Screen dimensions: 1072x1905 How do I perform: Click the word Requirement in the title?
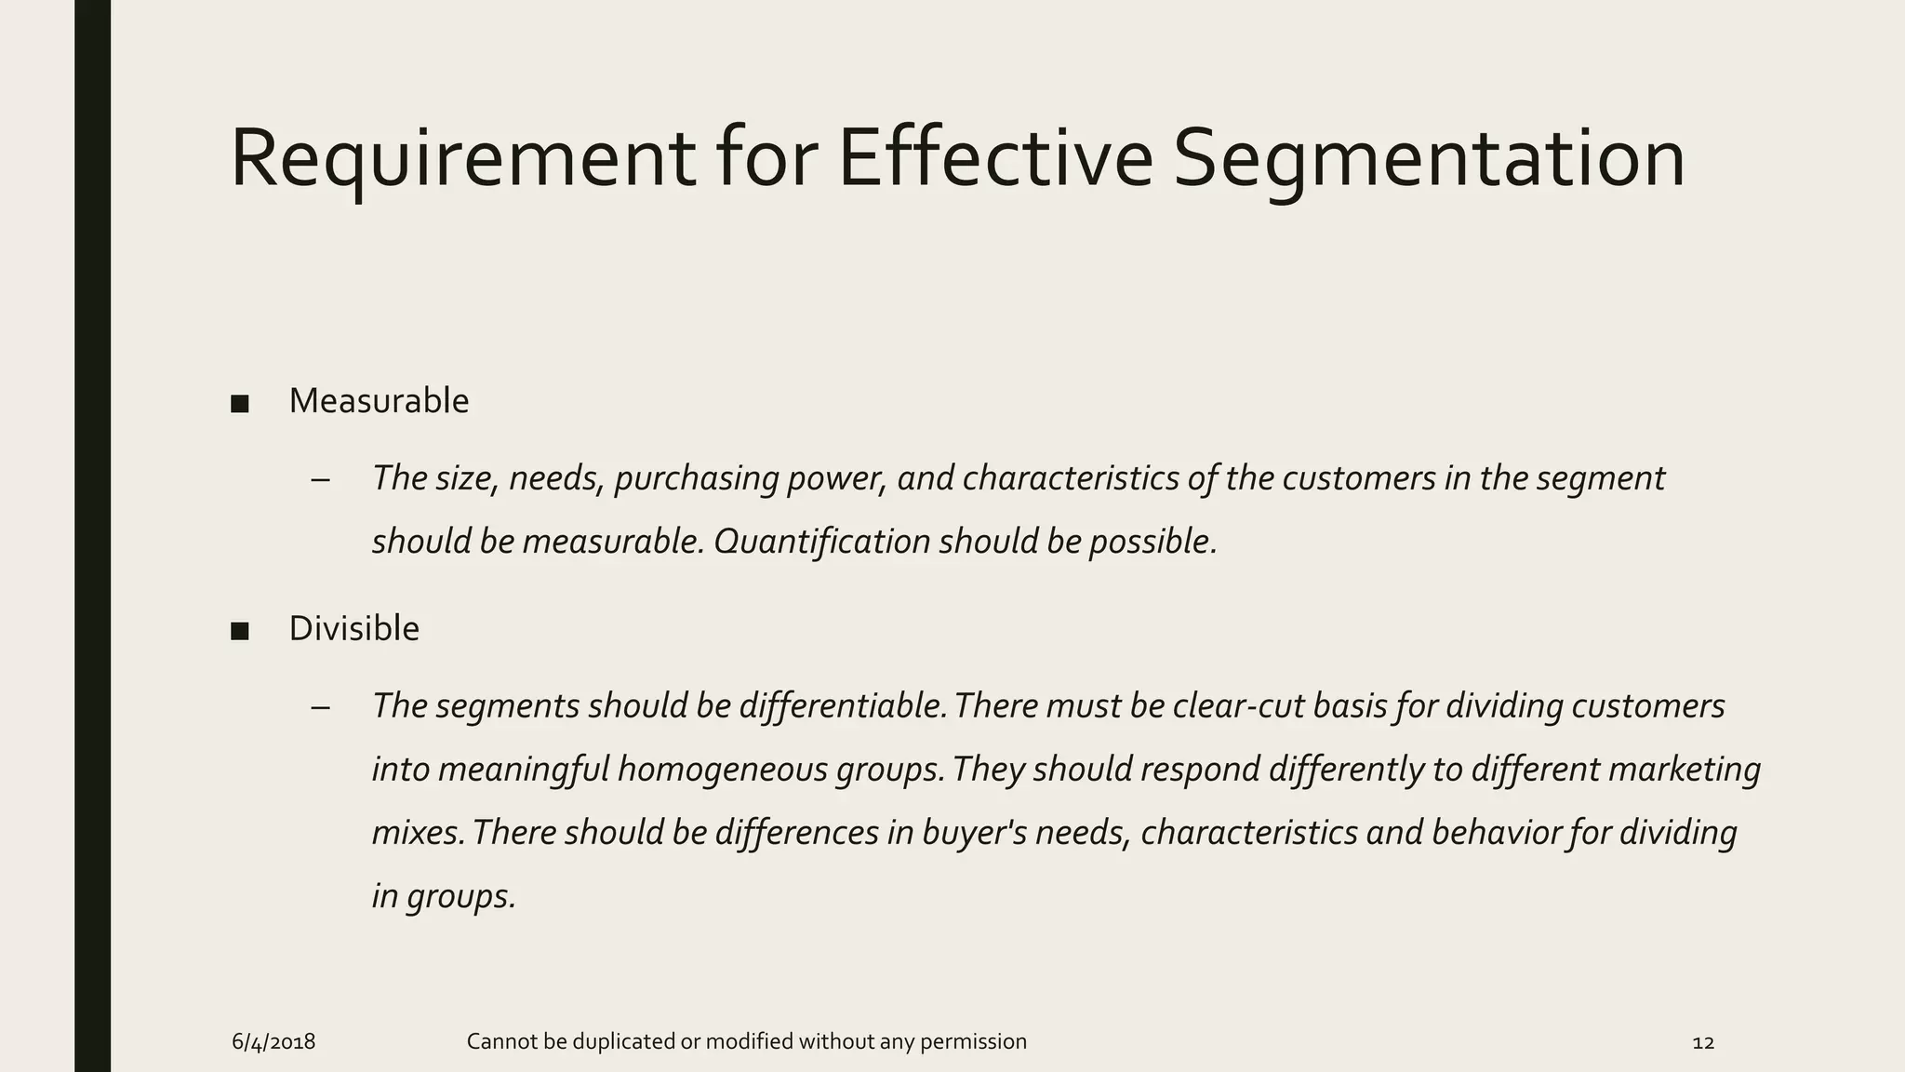[462, 158]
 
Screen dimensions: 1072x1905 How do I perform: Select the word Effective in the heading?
[995, 158]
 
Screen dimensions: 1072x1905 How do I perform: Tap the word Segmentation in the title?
[1429, 158]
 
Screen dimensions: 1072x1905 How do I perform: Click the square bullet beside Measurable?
[240, 404]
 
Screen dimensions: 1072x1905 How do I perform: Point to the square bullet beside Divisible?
[240, 632]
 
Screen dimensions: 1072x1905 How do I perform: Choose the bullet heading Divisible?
[353, 629]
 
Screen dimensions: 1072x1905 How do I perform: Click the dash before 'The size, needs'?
[321, 480]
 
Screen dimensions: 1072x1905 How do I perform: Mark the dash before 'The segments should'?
[321, 708]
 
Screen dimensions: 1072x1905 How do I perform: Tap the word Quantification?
[821, 542]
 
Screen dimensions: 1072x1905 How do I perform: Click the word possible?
[1152, 542]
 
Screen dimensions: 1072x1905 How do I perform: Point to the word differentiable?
[843, 706]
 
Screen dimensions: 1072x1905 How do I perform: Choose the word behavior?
[1496, 833]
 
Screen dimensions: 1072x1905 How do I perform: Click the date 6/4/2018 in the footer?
[273, 1042]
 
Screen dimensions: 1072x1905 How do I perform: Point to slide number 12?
[1703, 1042]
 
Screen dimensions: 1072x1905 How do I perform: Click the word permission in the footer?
[973, 1042]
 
